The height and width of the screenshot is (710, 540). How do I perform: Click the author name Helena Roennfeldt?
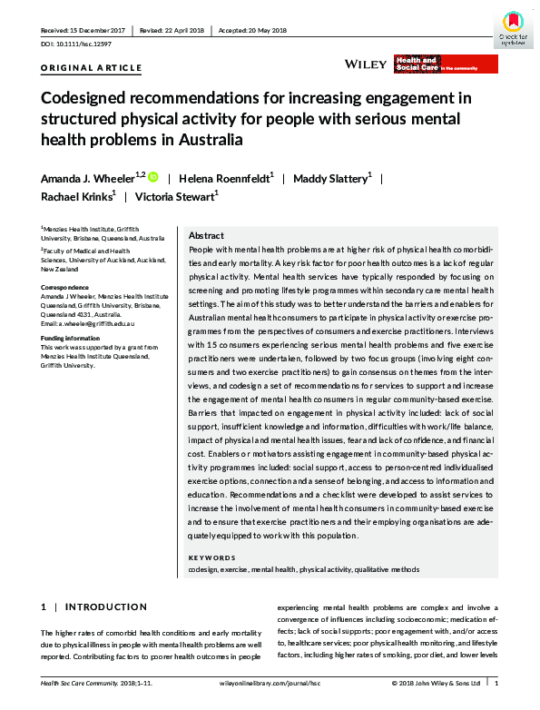tap(223, 178)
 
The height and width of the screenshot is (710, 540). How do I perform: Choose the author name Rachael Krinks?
tap(76, 197)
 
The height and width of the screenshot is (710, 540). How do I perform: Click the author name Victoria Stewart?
tap(178, 197)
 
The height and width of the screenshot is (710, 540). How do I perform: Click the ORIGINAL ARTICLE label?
tap(92, 68)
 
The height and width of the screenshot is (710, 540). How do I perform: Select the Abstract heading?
tap(206, 235)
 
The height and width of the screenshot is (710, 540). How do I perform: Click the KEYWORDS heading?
tap(211, 557)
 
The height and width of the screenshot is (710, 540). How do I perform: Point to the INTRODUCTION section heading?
tap(108, 606)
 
